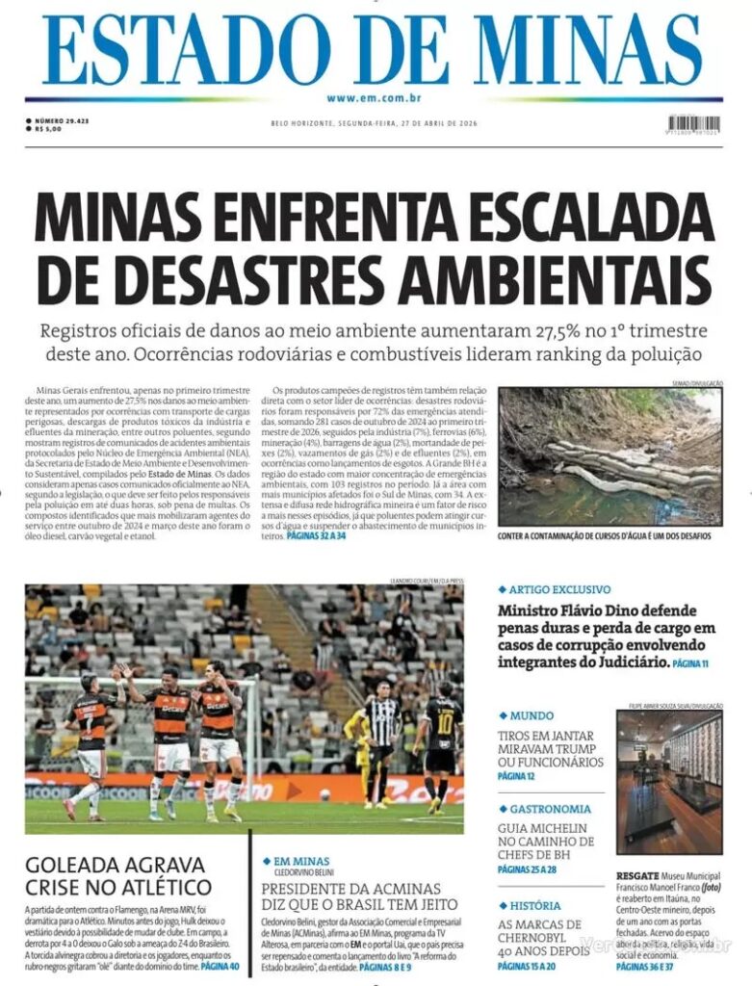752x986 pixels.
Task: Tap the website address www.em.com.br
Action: tap(375, 98)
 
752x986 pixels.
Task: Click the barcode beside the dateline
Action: tap(693, 124)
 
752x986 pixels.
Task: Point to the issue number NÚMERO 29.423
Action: tap(61, 120)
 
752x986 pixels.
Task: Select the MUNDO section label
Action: tap(531, 716)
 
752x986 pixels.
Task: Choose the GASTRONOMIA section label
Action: tap(550, 810)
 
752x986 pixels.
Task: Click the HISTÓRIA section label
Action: tap(535, 906)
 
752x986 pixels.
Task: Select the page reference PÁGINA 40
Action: tap(220, 964)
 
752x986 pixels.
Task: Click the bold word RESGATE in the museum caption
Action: tap(637, 877)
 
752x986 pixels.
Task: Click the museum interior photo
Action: tap(668, 786)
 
